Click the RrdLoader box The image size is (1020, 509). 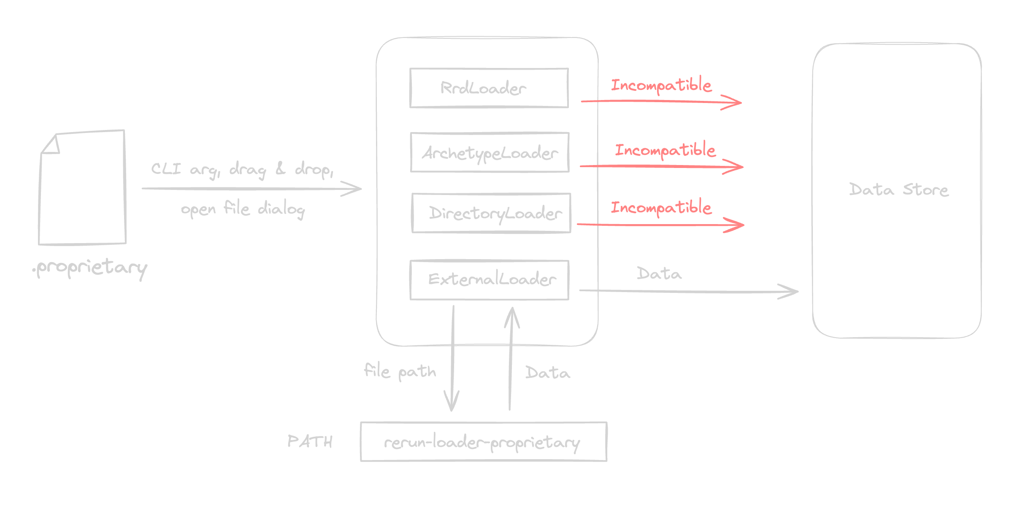pyautogui.click(x=489, y=88)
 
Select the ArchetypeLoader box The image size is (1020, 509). pyautogui.click(x=490, y=152)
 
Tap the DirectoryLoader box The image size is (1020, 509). pyautogui.click(x=491, y=213)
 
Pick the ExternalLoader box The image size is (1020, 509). pyautogui.click(x=490, y=280)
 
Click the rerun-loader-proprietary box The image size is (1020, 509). pyautogui.click(x=483, y=442)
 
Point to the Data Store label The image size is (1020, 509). pyautogui.click(x=898, y=190)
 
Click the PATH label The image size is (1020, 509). pyautogui.click(x=310, y=441)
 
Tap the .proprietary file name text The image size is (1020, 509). pyautogui.click(x=90, y=268)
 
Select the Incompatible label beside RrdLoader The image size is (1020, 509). pyautogui.click(x=661, y=85)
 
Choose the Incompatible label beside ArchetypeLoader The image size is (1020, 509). pyautogui.click(x=665, y=150)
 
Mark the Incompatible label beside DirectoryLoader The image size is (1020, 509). pyautogui.click(x=661, y=207)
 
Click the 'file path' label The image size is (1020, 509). pyautogui.click(x=400, y=371)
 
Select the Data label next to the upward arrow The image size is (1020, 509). pyautogui.click(x=547, y=373)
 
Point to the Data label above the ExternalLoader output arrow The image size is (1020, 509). pyautogui.click(x=659, y=273)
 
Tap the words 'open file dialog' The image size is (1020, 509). pyautogui.click(x=243, y=208)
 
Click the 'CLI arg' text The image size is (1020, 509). pyautogui.click(x=185, y=169)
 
